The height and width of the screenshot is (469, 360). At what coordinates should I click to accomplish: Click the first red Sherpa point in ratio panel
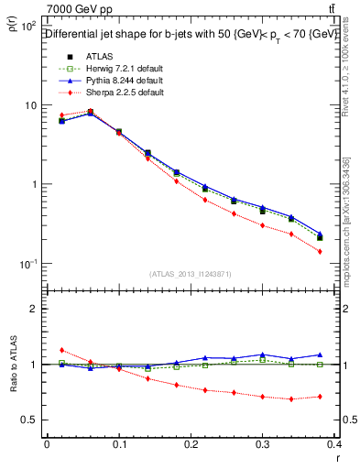61,350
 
